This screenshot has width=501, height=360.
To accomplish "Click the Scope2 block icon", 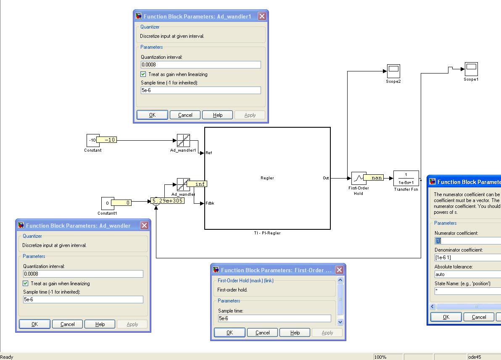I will (x=393, y=71).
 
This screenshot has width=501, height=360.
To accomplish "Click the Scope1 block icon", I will (x=471, y=68).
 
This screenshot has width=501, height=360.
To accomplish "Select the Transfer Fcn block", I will (x=406, y=178).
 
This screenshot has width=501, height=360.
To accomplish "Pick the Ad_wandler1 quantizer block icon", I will (x=183, y=141).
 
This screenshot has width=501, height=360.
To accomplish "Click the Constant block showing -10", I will (x=92, y=140).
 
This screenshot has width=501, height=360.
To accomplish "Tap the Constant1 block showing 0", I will (x=107, y=203).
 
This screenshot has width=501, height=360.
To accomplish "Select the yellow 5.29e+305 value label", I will (x=167, y=201).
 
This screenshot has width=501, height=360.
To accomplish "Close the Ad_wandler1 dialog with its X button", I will (x=262, y=16).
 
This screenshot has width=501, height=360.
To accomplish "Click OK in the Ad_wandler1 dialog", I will (x=152, y=115).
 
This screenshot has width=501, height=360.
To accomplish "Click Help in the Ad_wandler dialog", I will (x=100, y=324).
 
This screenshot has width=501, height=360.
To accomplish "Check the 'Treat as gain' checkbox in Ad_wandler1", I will (x=143, y=74).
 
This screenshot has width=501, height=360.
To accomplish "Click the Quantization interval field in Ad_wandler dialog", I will (x=83, y=274).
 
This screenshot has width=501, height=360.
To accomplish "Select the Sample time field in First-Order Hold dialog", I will (x=274, y=318).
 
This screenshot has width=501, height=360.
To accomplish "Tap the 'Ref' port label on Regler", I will (x=209, y=153).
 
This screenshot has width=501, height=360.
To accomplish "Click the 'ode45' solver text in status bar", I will (x=475, y=357).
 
